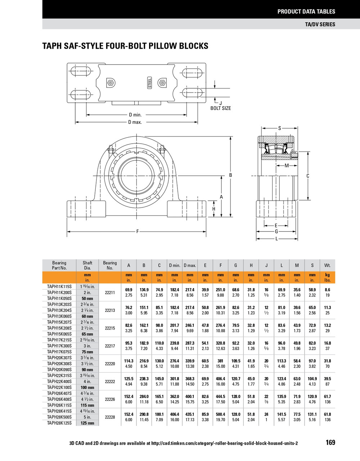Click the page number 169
pos(330,442)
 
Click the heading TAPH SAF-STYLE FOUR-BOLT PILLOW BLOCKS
pos(125,46)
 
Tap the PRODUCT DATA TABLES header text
pos(306,12)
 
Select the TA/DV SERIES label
pos(320,24)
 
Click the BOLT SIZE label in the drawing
pos(221,108)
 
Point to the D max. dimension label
pos(135,122)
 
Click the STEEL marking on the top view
pos(150,82)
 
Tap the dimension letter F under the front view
pos(138,231)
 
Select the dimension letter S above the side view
pos(280,128)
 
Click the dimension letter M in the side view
pos(287,166)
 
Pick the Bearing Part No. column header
pos(59,265)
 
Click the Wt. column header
pos(327,265)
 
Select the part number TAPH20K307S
pos(59,358)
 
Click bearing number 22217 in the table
pos(110,346)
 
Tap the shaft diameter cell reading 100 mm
pos(87,388)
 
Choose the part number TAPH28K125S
pos(59,423)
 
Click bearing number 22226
pos(110,399)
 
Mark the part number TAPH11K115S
pos(59,287)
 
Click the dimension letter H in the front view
pos(213,209)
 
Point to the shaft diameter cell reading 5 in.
pos(87,417)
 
